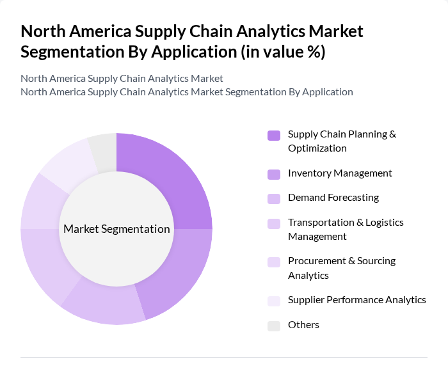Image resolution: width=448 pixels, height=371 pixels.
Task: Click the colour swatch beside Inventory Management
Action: tap(274, 174)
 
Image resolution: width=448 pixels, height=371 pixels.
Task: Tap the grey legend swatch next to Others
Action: tap(274, 326)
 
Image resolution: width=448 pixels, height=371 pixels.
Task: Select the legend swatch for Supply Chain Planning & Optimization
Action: tap(274, 135)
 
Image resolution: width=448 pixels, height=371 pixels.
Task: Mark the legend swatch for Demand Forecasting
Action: tap(274, 198)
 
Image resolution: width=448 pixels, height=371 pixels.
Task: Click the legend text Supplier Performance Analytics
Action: tap(356, 300)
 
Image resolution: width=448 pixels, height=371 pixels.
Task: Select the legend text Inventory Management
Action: tap(340, 173)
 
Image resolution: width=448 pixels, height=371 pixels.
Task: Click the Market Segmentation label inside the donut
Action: tap(116, 229)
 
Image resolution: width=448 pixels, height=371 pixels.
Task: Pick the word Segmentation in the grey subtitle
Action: tap(257, 91)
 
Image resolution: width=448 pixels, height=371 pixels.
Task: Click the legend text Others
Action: tap(303, 325)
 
